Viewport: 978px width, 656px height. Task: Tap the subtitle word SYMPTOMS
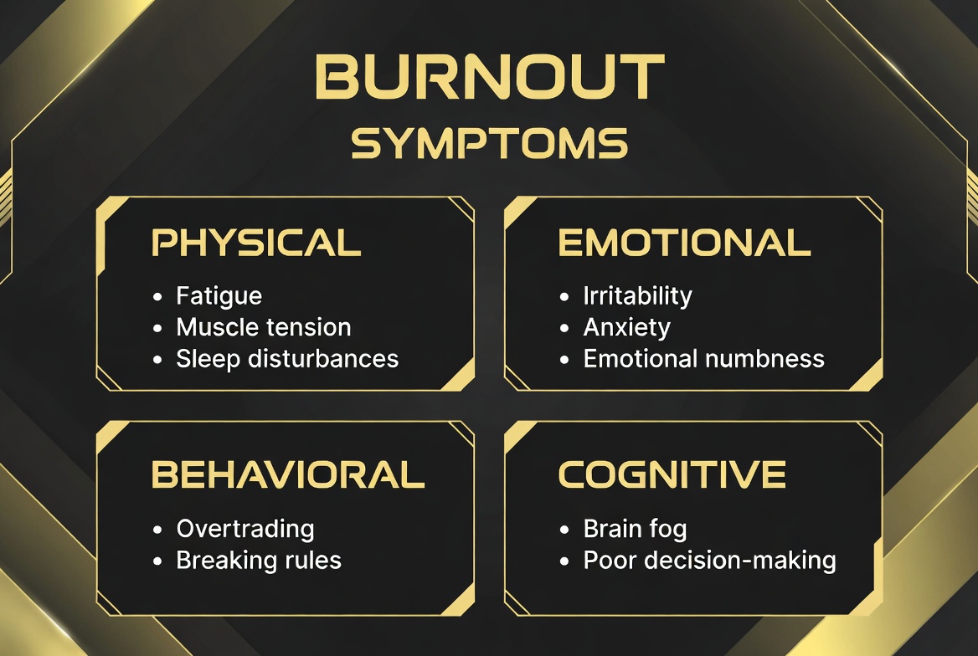490,143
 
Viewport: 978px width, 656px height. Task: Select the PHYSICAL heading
256,243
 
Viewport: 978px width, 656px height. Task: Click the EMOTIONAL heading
684,243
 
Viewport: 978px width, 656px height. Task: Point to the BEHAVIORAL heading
288,475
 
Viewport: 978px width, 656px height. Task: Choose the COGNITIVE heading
672,475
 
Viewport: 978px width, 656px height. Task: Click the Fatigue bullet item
219,296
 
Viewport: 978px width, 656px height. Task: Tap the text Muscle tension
263,327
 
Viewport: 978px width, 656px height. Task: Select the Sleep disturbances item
287,359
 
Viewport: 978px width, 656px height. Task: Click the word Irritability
637,296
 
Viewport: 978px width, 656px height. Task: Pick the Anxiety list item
626,327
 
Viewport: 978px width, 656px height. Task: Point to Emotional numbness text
703,359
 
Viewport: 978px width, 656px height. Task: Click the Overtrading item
245,529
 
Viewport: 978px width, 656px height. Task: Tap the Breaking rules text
259,560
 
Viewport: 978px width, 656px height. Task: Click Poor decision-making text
709,561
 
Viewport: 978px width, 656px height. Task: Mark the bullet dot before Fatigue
157,297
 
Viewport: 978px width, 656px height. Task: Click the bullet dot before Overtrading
157,530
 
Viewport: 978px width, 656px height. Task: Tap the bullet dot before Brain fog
564,530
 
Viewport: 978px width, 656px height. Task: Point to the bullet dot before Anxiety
564,328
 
